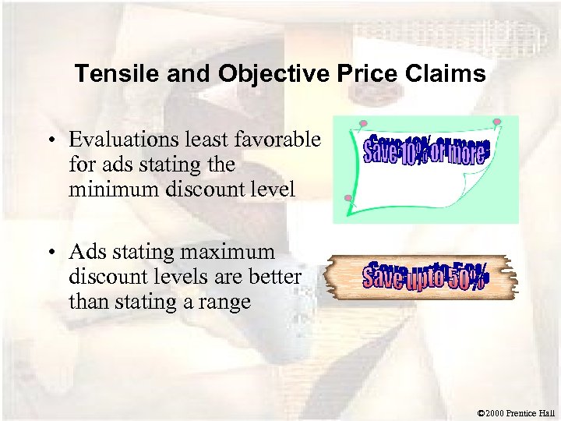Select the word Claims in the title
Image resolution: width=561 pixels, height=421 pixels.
click(x=444, y=74)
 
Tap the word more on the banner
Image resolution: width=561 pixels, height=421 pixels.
click(x=467, y=151)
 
